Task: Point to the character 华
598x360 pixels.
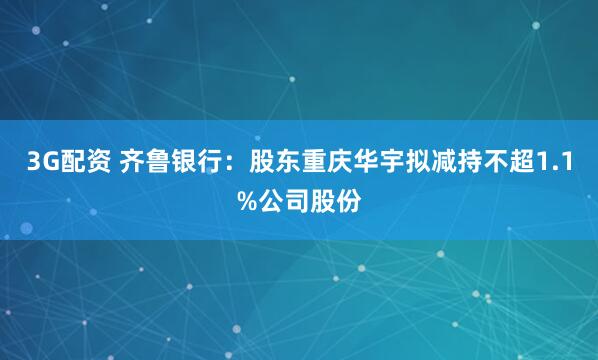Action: (371, 162)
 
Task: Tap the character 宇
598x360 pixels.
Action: (398, 162)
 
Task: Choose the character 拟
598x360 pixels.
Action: (425, 162)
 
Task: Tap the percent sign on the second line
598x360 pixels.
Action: (244, 200)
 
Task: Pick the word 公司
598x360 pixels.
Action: (282, 200)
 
